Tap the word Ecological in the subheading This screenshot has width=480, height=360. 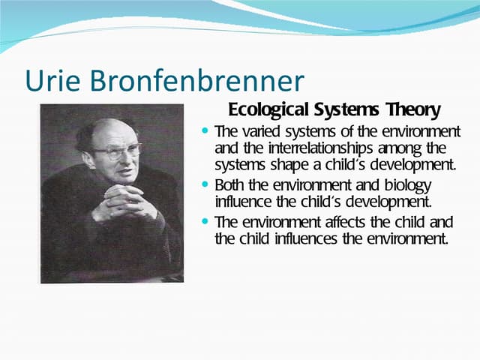click(x=266, y=109)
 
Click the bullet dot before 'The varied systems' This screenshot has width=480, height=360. click(x=205, y=131)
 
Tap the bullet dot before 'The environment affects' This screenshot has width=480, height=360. click(x=205, y=221)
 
